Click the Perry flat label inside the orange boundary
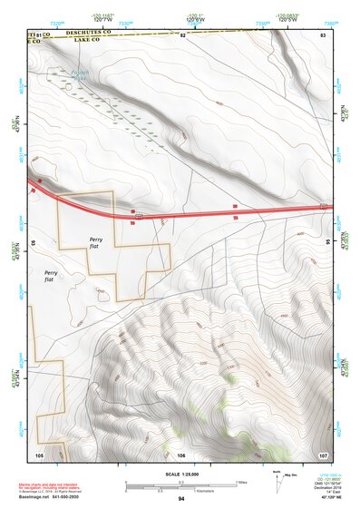(x=96, y=240)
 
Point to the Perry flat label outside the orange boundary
(x=49, y=276)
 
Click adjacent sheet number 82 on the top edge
(x=182, y=34)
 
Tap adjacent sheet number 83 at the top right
(x=322, y=34)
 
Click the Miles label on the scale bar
(x=242, y=481)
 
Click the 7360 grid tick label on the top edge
(x=330, y=22)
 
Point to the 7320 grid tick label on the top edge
(x=57, y=22)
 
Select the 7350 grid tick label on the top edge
(x=262, y=22)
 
